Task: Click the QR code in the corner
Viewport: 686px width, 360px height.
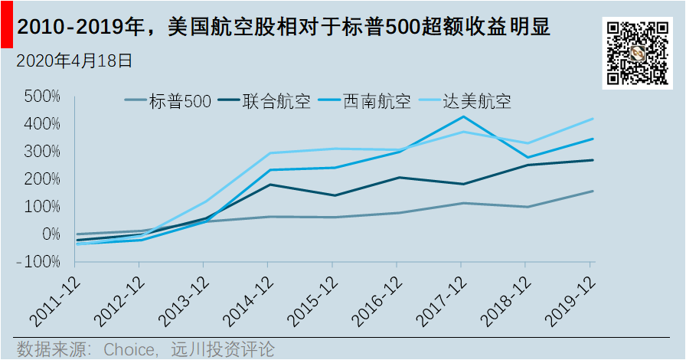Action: coord(639,53)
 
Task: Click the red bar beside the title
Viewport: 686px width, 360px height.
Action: coord(5,27)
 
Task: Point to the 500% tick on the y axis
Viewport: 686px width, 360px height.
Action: coord(42,97)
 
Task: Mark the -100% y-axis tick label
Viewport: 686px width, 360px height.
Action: coord(39,262)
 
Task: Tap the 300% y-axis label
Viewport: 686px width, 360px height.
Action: coord(42,152)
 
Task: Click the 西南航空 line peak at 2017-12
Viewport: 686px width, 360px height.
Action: coord(461,116)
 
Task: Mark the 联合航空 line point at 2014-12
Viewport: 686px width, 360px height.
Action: coord(268,185)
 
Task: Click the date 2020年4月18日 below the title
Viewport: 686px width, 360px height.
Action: coord(74,61)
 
